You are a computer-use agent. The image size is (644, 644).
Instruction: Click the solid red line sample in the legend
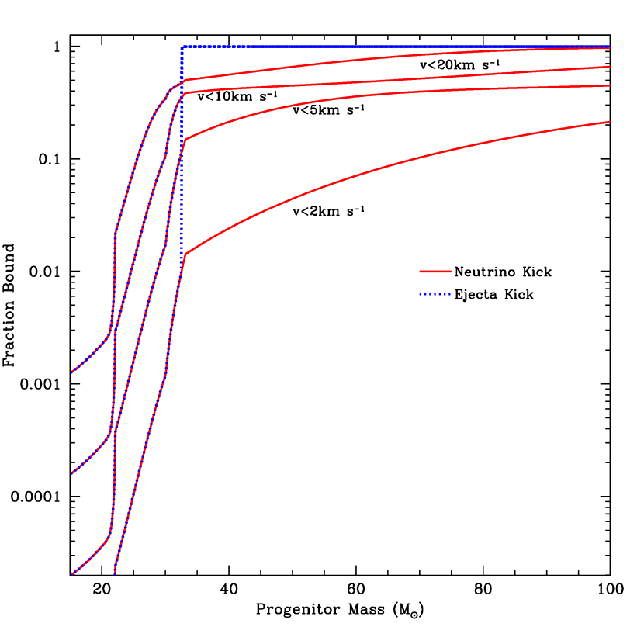point(435,272)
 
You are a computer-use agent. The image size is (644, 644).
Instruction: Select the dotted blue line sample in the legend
point(435,294)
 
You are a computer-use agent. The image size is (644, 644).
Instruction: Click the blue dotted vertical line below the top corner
point(182,155)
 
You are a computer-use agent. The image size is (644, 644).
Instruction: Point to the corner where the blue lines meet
point(182,47)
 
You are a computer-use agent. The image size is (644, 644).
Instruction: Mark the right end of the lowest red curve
point(609,122)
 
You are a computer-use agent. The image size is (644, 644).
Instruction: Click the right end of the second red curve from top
point(609,67)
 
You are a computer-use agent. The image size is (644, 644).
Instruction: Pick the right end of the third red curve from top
point(609,85)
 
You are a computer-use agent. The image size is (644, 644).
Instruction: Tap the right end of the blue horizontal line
point(609,47)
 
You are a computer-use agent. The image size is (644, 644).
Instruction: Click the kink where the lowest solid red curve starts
point(186,254)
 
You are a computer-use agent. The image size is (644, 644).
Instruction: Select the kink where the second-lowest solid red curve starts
point(185,139)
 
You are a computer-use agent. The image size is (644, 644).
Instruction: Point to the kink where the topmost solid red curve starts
point(185,79)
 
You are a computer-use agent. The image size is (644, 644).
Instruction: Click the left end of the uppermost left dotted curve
point(72,372)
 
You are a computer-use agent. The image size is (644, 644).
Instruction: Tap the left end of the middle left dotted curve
point(72,473)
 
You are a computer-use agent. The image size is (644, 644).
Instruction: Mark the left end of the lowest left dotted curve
point(72,574)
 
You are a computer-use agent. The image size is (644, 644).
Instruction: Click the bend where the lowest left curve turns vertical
point(109,535)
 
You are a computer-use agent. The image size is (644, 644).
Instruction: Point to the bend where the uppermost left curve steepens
point(109,334)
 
